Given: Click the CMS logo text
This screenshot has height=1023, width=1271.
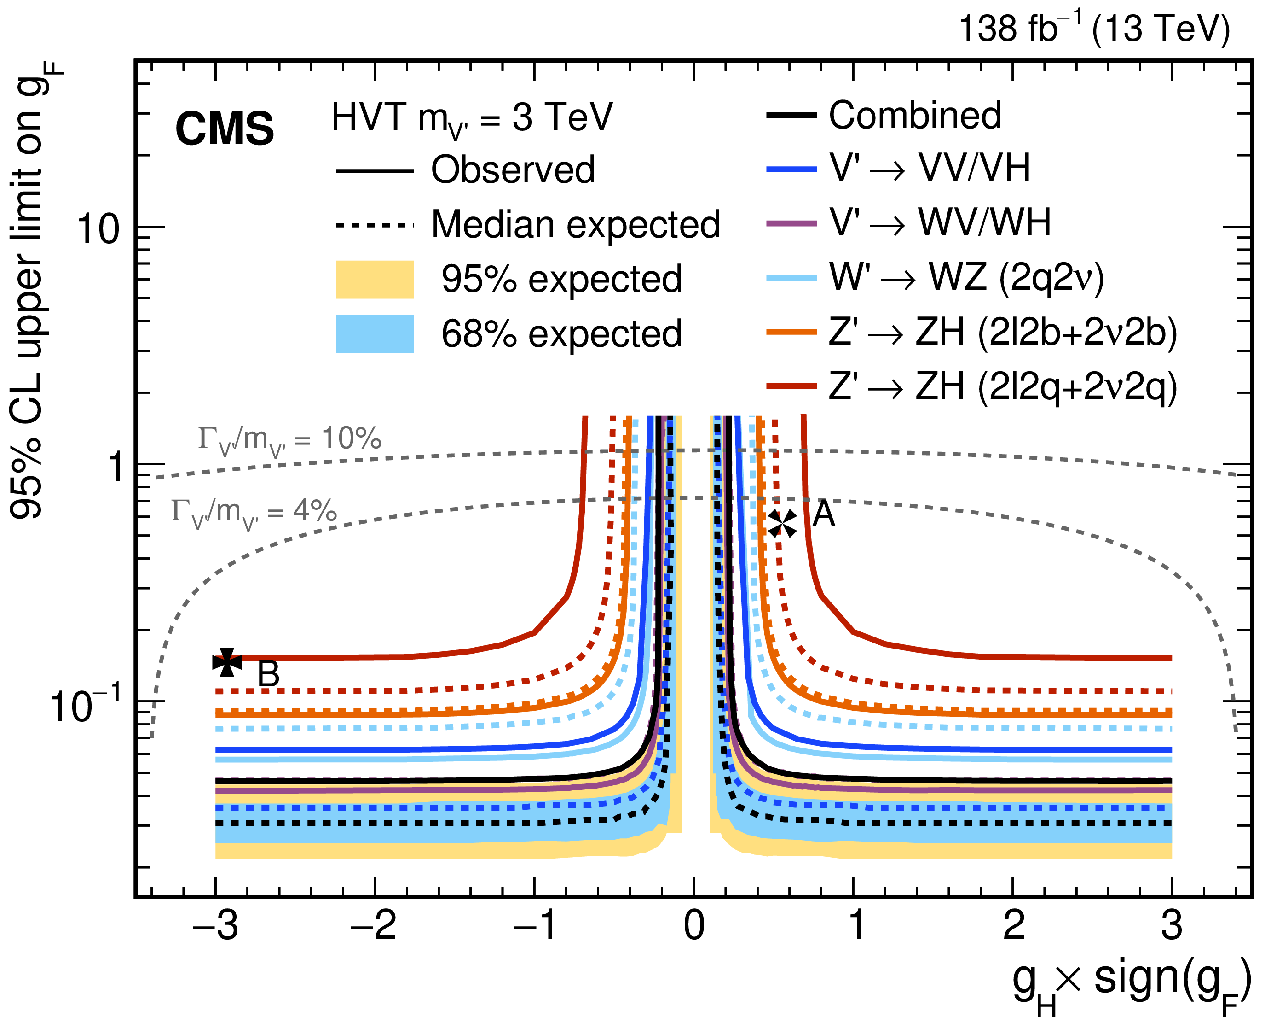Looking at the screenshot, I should pos(225,129).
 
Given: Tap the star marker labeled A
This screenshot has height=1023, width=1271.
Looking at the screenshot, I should pos(782,523).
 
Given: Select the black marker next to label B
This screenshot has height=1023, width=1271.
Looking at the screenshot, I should pos(227,662).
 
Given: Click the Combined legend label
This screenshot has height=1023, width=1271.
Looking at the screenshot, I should pos(915,115).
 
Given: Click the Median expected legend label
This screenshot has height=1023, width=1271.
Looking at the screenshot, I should pos(575,225).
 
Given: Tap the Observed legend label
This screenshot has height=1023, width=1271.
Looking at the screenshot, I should pos(513,170).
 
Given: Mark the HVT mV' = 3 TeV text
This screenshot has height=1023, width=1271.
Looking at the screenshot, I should pos(472,118).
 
